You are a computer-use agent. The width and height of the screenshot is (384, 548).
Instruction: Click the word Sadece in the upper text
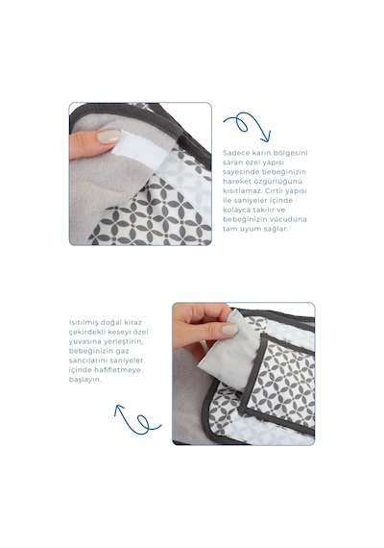(235, 153)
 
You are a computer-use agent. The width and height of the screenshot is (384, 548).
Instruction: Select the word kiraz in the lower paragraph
(132, 322)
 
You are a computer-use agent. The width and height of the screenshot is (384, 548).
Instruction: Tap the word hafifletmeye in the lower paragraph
(117, 370)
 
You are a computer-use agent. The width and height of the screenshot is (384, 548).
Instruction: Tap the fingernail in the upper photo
(108, 137)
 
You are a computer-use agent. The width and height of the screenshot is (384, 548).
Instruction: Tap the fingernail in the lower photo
(229, 330)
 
